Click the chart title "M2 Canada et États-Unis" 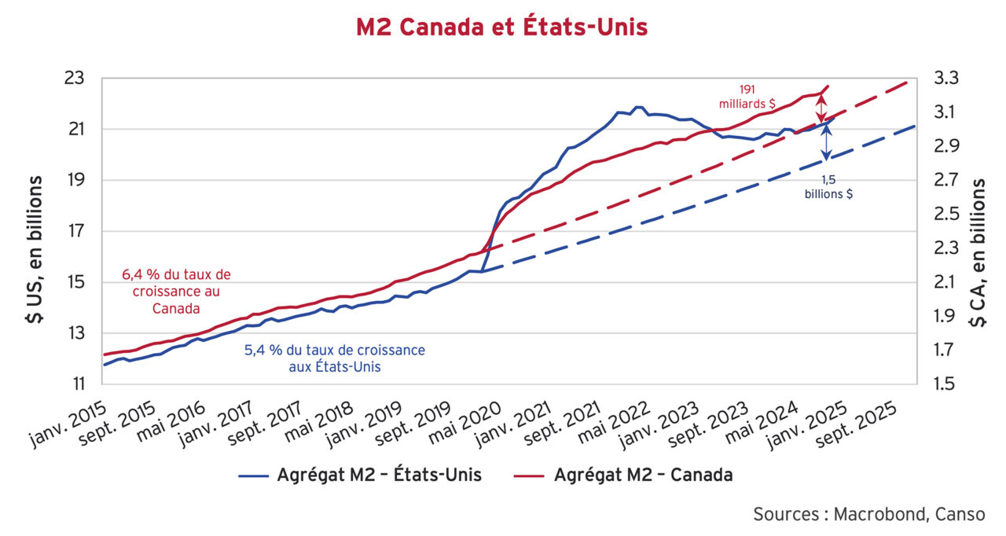click(x=501, y=28)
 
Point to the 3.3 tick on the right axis click(x=946, y=79)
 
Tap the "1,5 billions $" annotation click(x=828, y=186)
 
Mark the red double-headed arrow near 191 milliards click(x=822, y=108)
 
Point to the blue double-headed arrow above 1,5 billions click(x=826, y=141)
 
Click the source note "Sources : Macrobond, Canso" click(x=868, y=514)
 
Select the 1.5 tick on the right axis click(x=946, y=384)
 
